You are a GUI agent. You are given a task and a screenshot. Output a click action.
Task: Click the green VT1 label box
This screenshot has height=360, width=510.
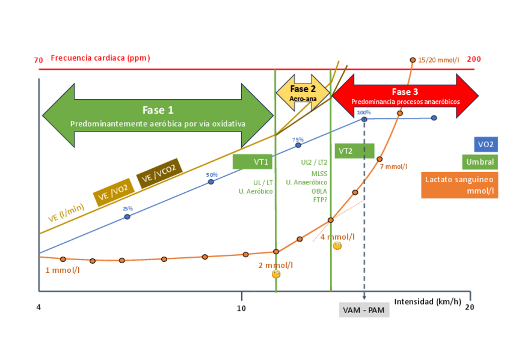point(253,162)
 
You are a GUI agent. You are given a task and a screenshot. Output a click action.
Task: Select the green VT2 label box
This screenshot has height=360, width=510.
point(354,151)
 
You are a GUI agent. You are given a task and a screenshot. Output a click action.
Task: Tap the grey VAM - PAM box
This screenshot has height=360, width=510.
point(364,310)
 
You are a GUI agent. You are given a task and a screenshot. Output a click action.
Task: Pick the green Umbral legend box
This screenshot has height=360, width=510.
point(479,162)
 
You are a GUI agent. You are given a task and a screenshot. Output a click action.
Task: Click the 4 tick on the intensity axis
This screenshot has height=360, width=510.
point(38,308)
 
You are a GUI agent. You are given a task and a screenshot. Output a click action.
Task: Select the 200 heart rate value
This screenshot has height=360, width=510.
point(474,59)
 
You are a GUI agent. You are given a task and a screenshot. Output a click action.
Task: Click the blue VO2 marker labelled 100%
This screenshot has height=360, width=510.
point(364,119)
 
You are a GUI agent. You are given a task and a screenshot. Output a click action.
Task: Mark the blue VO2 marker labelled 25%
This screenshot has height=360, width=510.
point(127,216)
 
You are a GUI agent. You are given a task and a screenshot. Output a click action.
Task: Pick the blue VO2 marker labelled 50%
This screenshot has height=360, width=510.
point(211,182)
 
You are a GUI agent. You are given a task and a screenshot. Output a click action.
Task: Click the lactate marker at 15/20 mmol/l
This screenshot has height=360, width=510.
point(413,60)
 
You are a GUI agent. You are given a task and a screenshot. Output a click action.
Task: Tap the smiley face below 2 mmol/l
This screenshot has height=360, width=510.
point(276,274)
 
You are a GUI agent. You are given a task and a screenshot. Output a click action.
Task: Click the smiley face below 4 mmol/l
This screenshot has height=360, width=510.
point(337,246)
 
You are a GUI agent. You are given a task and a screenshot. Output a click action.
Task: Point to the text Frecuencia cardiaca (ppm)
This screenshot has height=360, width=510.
point(100,58)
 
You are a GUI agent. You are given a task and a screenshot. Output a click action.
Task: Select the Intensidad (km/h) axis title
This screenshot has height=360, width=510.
point(428,302)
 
